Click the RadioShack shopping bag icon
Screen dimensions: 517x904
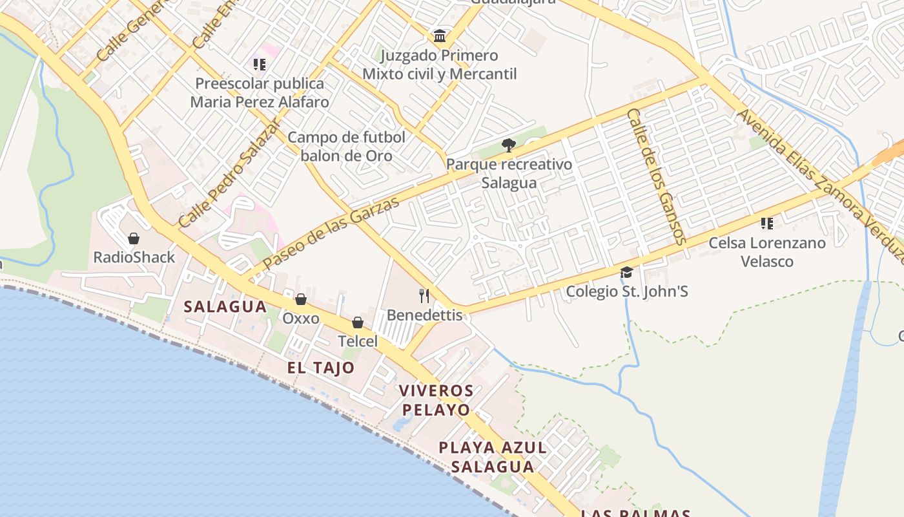(134, 238)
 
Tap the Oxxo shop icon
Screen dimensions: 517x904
(300, 299)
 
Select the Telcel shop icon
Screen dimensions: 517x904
(358, 322)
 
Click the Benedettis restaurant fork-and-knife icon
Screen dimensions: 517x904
(424, 296)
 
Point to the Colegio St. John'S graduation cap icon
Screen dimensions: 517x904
(626, 273)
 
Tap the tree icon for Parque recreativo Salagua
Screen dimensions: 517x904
(509, 145)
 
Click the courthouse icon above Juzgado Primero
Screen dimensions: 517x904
(440, 36)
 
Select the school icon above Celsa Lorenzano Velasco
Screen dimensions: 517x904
(766, 224)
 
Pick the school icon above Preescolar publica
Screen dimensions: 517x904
(260, 64)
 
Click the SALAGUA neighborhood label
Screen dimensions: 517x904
(225, 307)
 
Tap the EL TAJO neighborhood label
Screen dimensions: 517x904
(321, 368)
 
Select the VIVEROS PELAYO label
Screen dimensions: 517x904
(436, 400)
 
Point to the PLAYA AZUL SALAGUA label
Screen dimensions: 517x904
(493, 457)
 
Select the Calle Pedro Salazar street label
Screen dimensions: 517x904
(230, 173)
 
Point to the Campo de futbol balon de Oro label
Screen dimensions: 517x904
(347, 146)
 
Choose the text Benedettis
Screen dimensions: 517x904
(424, 315)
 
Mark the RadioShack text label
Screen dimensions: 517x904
(134, 257)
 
